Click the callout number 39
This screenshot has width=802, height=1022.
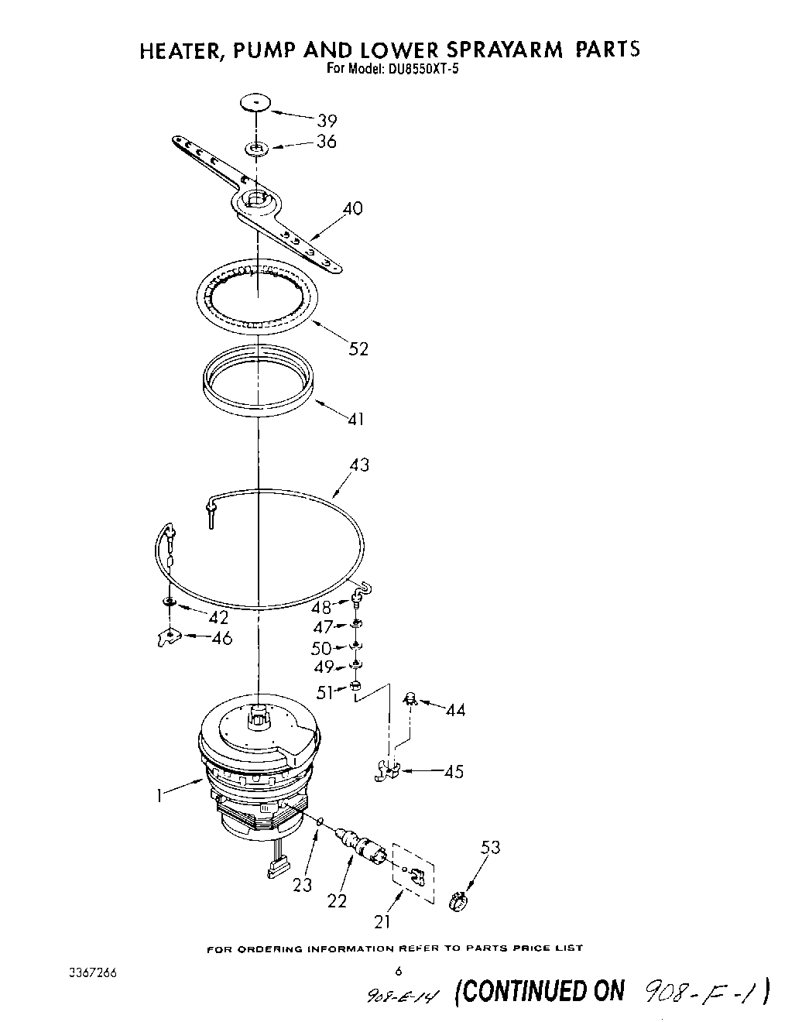tap(327, 120)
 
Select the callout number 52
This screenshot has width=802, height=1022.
tap(358, 348)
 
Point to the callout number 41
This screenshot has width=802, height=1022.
tap(356, 419)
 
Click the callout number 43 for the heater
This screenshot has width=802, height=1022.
tap(358, 465)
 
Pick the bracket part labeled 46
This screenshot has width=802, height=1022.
tap(166, 637)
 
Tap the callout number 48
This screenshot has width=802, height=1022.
tap(321, 607)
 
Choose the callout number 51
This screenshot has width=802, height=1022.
tap(324, 692)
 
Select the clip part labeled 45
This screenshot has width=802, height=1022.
tap(386, 771)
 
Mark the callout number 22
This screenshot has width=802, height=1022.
tap(338, 900)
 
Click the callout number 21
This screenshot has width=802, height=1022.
tap(382, 921)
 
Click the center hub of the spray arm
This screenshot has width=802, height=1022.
tap(255, 200)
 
